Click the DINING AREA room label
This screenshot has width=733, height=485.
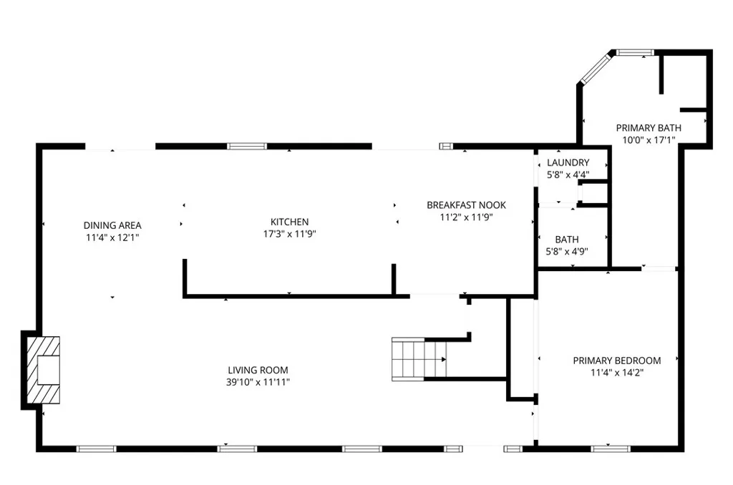[112, 224]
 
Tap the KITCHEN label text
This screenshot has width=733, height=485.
[289, 222]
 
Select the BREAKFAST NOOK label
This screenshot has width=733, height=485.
[467, 205]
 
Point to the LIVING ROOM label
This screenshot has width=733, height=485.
[258, 370]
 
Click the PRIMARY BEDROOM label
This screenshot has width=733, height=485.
[616, 361]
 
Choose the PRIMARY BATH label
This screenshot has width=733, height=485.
[649, 128]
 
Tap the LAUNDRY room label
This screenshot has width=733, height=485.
[568, 162]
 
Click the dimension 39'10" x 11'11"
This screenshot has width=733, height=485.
[258, 382]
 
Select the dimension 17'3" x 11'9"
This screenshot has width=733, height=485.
[289, 234]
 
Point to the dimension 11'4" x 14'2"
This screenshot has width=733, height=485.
[616, 373]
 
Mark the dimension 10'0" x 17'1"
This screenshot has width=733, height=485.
[649, 140]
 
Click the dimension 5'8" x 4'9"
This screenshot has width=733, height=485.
[567, 252]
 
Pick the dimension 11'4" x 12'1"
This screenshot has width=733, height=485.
[112, 236]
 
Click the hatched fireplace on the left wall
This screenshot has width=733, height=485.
[44, 371]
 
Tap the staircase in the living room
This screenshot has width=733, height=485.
[419, 357]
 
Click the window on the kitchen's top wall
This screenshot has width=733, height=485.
[247, 146]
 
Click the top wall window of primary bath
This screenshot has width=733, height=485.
[635, 52]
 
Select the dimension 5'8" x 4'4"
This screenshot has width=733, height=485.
[568, 174]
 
